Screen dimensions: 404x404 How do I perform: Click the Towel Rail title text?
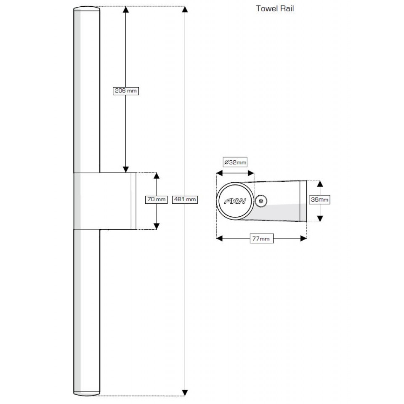point(275,9)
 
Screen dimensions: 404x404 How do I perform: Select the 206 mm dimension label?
point(126,90)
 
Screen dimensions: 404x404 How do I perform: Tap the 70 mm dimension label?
point(156,199)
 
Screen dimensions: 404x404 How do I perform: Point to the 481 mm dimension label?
point(185,199)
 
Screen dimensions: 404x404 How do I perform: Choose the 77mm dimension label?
point(261,239)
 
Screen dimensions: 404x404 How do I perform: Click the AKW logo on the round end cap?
point(235,202)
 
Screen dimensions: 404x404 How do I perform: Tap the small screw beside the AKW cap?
point(261,202)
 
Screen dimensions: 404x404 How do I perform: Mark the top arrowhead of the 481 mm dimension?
point(185,10)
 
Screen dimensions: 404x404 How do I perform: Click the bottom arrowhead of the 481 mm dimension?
point(185,393)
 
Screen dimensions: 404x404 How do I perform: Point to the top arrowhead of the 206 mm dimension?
point(125,10)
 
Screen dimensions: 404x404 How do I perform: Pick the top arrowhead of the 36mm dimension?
point(319,183)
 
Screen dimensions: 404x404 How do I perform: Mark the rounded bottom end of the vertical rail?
point(87,393)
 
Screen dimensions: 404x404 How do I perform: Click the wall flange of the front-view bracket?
point(133,201)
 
